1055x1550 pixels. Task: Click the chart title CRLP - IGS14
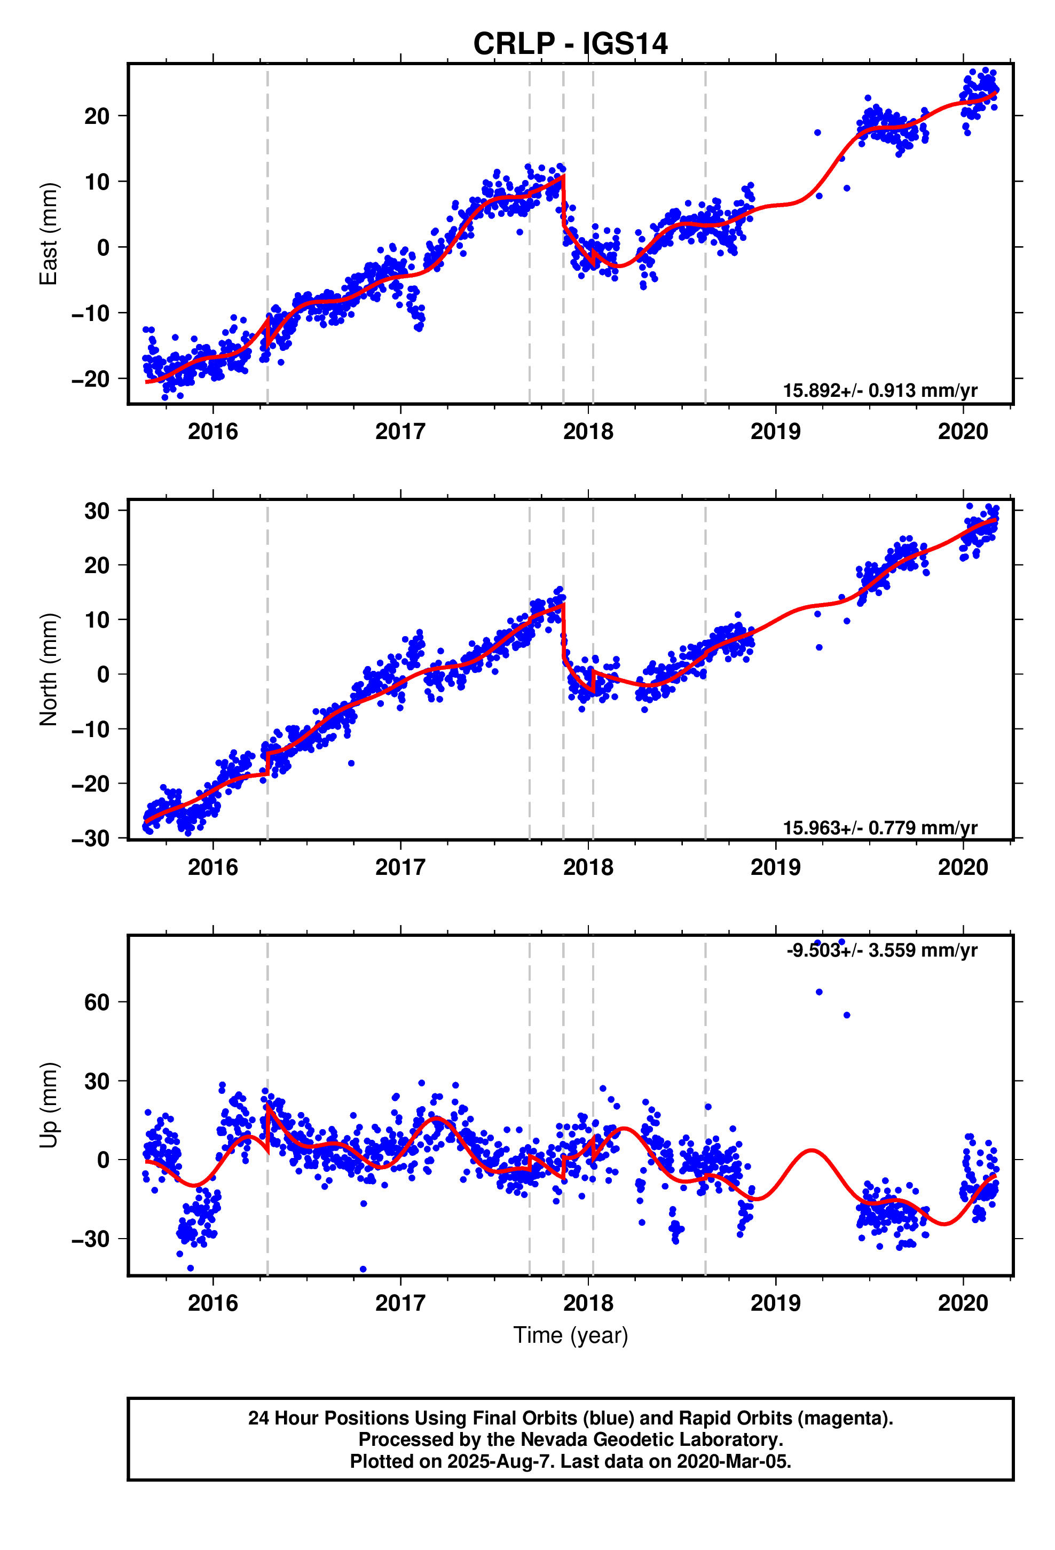570,44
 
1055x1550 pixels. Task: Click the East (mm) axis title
49,234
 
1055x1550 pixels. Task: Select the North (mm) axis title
49,669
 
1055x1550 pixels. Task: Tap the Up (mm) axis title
49,1105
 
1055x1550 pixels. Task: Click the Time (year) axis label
570,1335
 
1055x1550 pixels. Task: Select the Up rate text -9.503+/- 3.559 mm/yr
881,950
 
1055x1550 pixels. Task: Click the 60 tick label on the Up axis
97,1003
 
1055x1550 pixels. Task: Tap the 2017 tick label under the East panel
400,432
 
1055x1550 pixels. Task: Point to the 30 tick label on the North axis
97,512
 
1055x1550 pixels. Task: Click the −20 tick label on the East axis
91,379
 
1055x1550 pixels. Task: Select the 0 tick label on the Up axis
104,1160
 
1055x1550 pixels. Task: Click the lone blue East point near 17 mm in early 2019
817,132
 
